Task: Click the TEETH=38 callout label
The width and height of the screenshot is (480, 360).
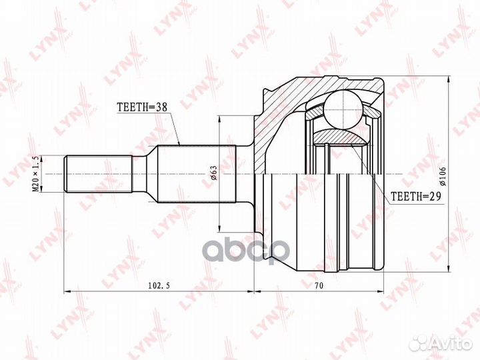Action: click(141, 106)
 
